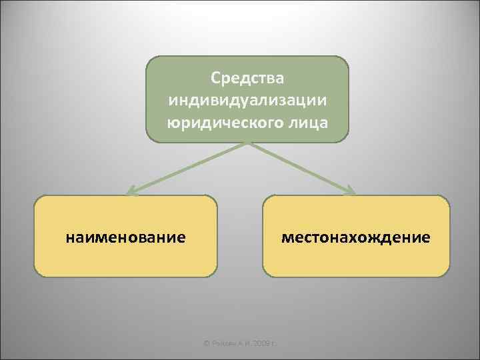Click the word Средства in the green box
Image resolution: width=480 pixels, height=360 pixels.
[x=247, y=79]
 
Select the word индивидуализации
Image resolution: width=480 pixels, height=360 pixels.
[x=247, y=101]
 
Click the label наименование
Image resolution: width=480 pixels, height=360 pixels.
[x=126, y=237]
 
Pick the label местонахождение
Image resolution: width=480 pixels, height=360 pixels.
[x=356, y=237]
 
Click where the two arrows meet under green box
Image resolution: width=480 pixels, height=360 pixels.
[x=247, y=143]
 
